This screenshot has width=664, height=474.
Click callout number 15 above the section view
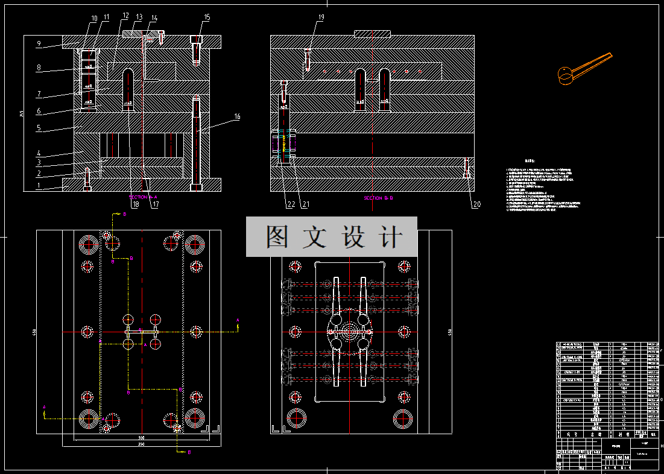coord(207,17)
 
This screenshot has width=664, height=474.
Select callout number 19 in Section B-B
coord(320,17)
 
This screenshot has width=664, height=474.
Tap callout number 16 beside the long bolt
coord(237,116)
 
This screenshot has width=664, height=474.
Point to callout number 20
coord(476,204)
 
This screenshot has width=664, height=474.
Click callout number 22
coord(291,204)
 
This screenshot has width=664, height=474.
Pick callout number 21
coord(305,204)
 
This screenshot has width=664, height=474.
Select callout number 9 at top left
coord(39,43)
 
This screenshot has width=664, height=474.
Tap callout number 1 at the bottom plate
coord(39,186)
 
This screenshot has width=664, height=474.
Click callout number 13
coord(139,17)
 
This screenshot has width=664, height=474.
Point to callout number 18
coord(136,205)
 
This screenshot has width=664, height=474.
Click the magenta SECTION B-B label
coord(378,198)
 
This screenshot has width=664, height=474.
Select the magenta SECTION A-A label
coord(144,197)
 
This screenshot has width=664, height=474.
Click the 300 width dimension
coord(141,437)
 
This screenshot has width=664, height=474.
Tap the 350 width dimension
coord(141,444)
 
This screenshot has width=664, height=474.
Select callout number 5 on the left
coord(39,128)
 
